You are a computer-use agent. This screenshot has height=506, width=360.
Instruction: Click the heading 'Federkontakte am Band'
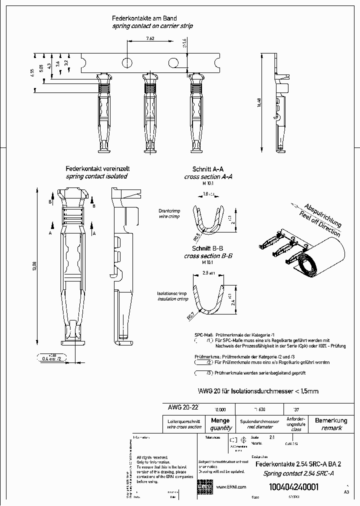pos(144,17)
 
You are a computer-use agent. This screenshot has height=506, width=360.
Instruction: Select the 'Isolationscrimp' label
pos(173,293)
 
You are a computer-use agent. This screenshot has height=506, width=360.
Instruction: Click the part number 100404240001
pos(293,488)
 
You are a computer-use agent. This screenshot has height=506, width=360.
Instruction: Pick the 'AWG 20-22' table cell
pos(181,407)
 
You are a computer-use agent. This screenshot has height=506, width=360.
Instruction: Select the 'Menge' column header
pos(220,421)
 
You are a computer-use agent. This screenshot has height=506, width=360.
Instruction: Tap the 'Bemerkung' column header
pos(331,420)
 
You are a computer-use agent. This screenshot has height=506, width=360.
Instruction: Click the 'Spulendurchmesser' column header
pos(259,421)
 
